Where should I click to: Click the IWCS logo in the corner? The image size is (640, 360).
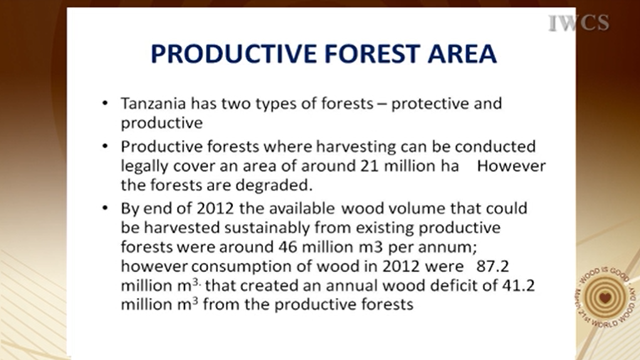(x=579, y=23)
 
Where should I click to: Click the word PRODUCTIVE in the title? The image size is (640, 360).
(x=233, y=54)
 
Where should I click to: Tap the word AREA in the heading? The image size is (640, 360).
(x=462, y=54)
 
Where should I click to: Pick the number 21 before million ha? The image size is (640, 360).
(x=370, y=166)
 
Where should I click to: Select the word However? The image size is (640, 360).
(x=511, y=166)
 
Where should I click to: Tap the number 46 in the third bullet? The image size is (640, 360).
(x=288, y=247)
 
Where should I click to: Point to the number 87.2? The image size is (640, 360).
(x=493, y=267)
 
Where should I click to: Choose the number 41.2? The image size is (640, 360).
(x=518, y=285)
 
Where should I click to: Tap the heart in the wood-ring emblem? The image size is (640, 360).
(x=606, y=297)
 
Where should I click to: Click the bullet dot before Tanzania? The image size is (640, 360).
(x=105, y=103)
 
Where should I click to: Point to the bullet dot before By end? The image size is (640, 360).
(x=105, y=209)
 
